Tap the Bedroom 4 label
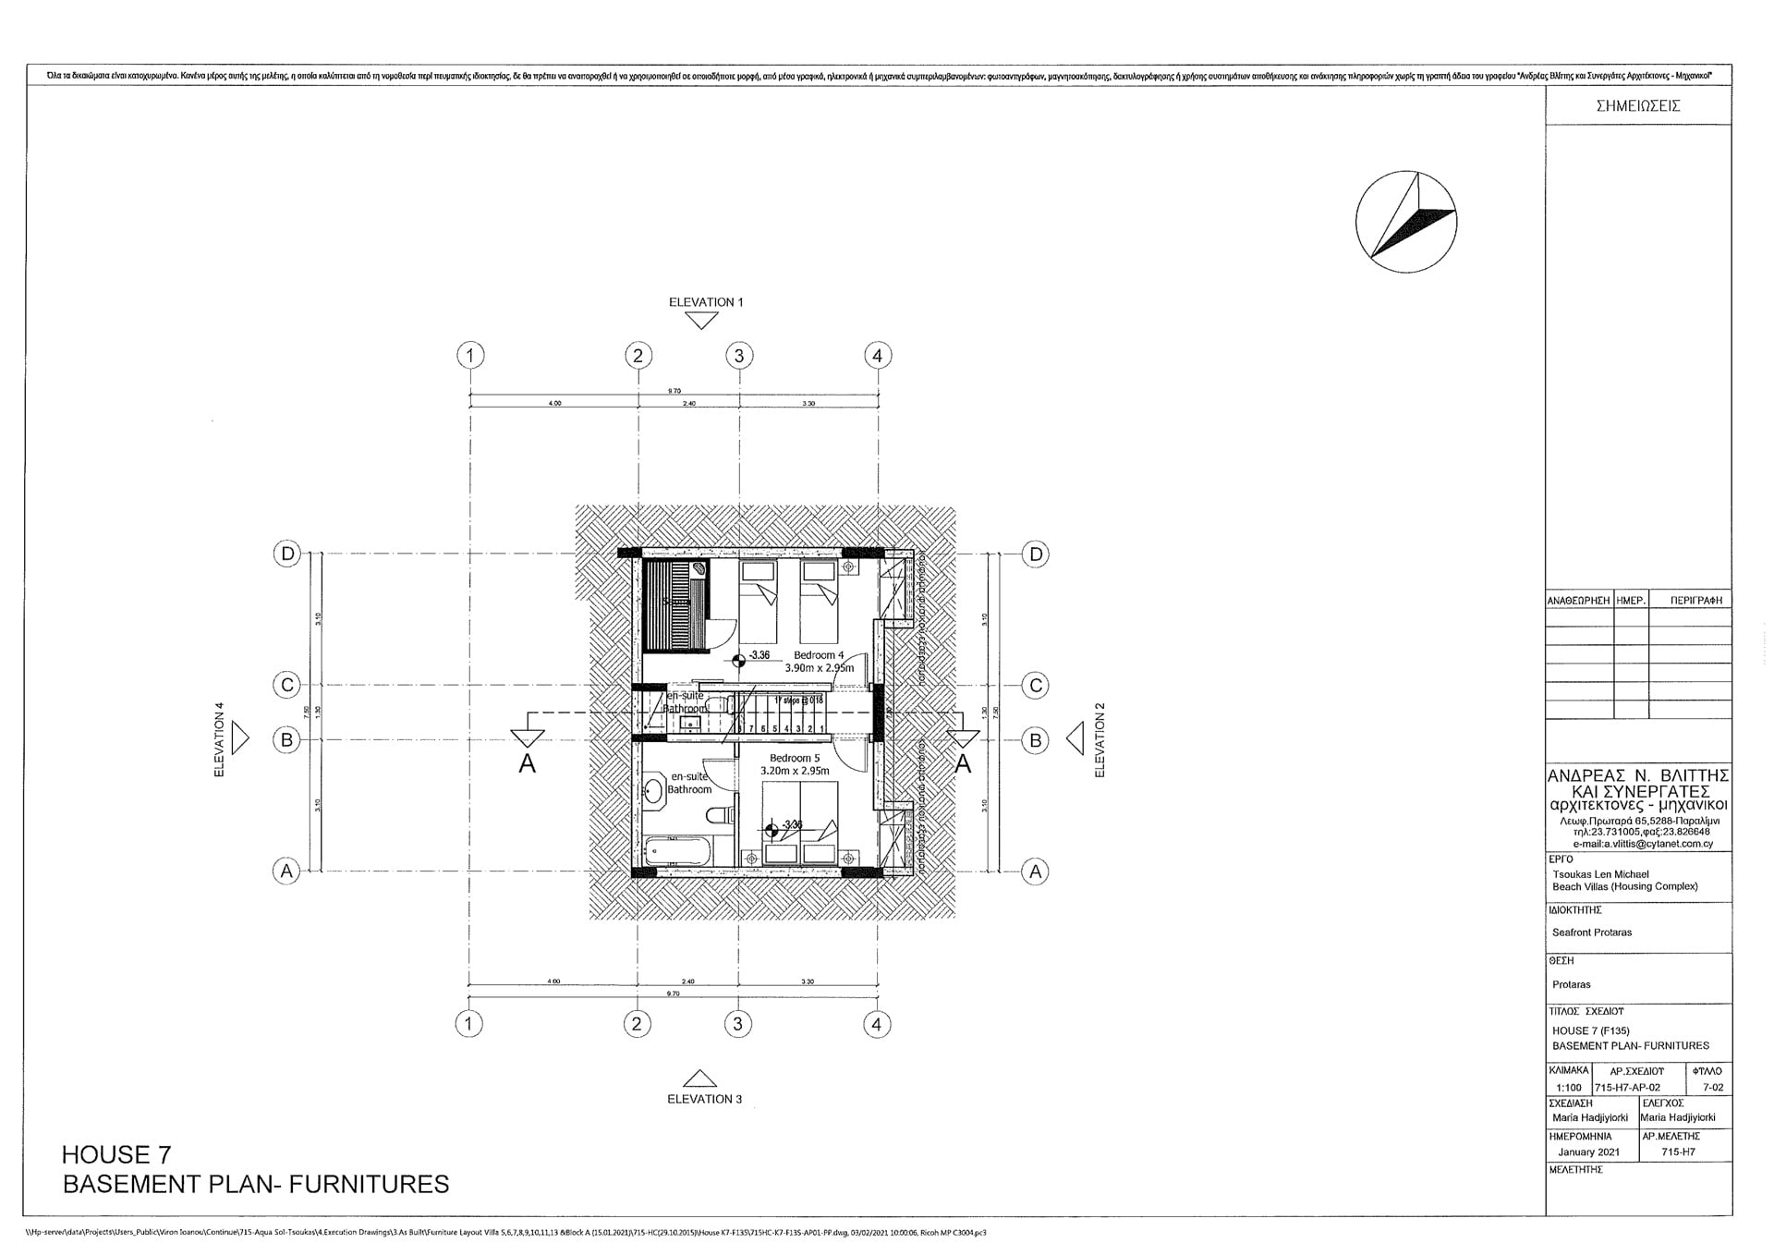[x=819, y=655]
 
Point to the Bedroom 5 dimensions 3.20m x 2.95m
[x=795, y=770]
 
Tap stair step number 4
[x=786, y=728]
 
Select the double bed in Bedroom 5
[x=800, y=813]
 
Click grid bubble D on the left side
[x=287, y=554]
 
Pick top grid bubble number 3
[x=738, y=355]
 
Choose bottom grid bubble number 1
[x=469, y=1023]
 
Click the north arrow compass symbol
[x=1406, y=222]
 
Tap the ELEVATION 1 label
[x=706, y=302]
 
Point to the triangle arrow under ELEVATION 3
[x=699, y=1078]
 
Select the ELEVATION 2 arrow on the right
[x=1075, y=739]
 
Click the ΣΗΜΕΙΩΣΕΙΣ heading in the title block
[x=1637, y=106]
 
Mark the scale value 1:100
[x=1568, y=1088]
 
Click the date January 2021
[x=1588, y=1152]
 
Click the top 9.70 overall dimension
[x=674, y=391]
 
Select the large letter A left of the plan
[x=527, y=763]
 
